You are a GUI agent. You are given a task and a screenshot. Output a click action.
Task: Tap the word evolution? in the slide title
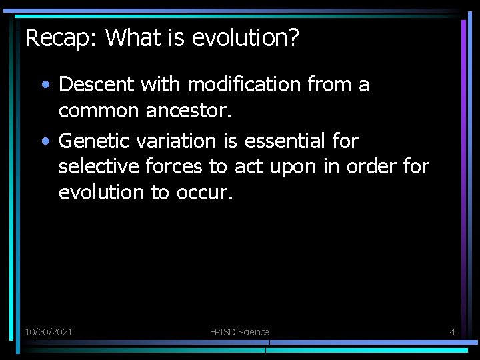pos(246,38)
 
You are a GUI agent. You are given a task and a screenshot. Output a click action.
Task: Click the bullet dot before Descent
pos(44,85)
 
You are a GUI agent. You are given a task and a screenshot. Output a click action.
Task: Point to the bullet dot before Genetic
pos(44,142)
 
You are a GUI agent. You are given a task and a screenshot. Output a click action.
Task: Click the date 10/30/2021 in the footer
pos(49,331)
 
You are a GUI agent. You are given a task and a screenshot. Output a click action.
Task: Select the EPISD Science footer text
pos(239,331)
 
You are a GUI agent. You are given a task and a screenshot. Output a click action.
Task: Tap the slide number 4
pos(452,331)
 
